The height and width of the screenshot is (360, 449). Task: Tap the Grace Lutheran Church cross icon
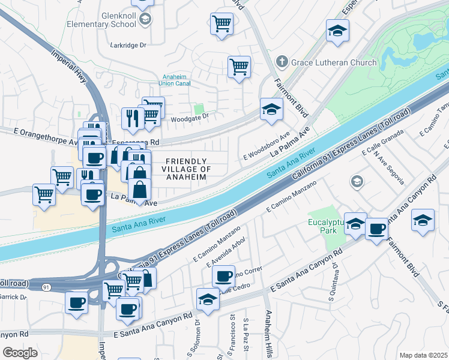click(281, 62)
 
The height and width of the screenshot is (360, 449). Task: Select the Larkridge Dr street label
click(128, 45)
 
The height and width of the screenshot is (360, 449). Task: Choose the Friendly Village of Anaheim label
click(187, 169)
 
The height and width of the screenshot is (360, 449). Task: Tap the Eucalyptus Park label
click(324, 226)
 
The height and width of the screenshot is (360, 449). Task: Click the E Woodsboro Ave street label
click(267, 147)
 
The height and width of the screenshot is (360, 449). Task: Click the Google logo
click(20, 353)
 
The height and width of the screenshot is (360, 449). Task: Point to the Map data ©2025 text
click(423, 355)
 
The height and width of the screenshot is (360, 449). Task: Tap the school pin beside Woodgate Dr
click(271, 109)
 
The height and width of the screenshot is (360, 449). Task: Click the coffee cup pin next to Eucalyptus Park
click(376, 229)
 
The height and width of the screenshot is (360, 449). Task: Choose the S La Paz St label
click(245, 335)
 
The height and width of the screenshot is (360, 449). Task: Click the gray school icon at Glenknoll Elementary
click(145, 20)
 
